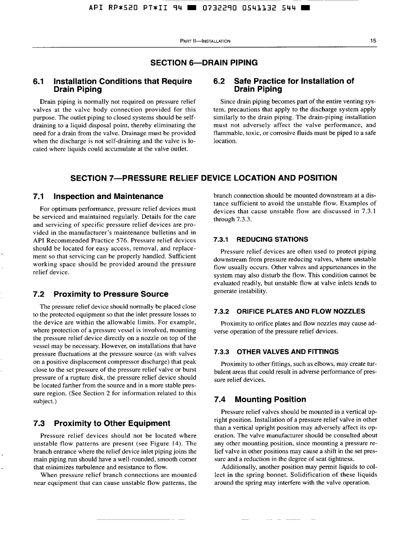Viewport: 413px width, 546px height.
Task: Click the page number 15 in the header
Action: click(x=373, y=41)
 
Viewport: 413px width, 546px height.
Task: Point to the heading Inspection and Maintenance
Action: click(x=108, y=196)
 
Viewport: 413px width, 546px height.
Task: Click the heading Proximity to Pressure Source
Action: click(x=111, y=294)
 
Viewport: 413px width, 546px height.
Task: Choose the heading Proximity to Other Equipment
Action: click(x=112, y=423)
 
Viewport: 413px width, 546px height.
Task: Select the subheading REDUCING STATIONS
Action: click(x=272, y=239)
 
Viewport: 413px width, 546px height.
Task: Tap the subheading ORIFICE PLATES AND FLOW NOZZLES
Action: click(x=301, y=312)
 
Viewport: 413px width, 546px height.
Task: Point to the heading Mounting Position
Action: click(x=270, y=399)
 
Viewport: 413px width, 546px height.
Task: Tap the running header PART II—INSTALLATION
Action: click(x=205, y=41)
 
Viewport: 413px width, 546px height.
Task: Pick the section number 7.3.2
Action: click(x=223, y=312)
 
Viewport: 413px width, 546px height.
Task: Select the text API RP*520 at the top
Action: click(x=107, y=8)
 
